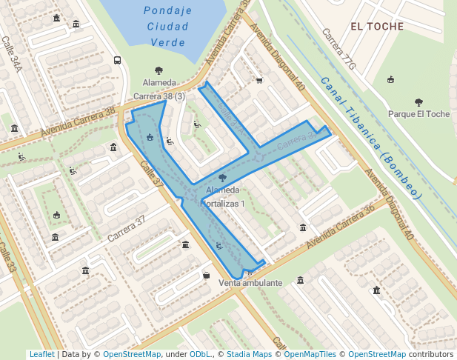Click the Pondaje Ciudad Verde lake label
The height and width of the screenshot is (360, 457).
(x=167, y=27)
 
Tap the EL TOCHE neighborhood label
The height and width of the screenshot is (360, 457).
(x=377, y=27)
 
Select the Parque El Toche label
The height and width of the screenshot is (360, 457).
(x=418, y=114)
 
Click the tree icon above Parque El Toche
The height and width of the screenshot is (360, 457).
(x=418, y=102)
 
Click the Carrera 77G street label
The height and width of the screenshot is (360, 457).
(x=340, y=52)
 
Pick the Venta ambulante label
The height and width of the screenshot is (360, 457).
(x=251, y=283)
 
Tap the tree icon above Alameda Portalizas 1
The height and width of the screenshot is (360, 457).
(x=223, y=178)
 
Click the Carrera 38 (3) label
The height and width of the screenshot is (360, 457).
(x=159, y=96)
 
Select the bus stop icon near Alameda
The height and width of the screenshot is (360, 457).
(x=117, y=61)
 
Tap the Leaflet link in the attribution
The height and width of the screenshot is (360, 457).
(x=41, y=355)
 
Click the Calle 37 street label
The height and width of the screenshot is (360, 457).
(x=152, y=181)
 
